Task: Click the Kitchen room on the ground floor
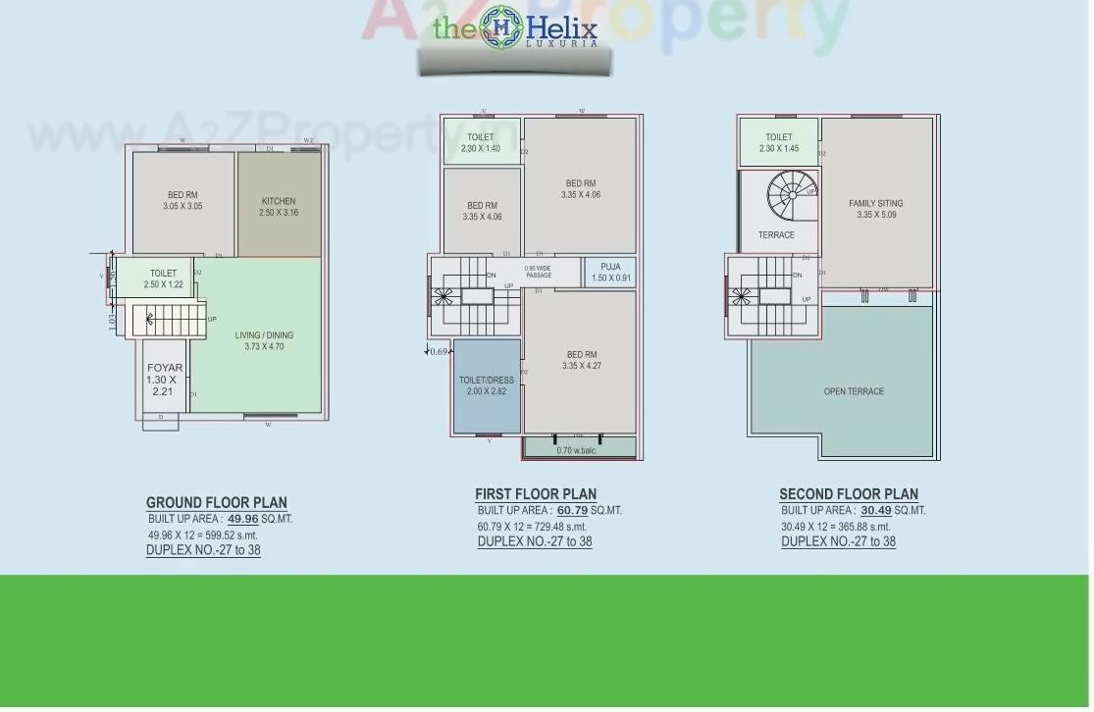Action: (x=279, y=206)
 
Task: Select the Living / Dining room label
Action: (x=264, y=340)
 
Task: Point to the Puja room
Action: (x=610, y=273)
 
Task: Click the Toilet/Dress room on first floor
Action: (x=487, y=385)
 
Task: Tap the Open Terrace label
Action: (x=854, y=391)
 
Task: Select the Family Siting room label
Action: (x=876, y=209)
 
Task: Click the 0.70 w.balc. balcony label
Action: (x=577, y=450)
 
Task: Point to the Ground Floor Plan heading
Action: (x=217, y=503)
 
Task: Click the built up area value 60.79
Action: (x=572, y=510)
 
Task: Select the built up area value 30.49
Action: (x=876, y=510)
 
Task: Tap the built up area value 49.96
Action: (x=242, y=519)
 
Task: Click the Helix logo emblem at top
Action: (x=501, y=27)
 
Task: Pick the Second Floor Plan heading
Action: (x=849, y=494)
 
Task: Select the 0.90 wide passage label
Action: (x=539, y=272)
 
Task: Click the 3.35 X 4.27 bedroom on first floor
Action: (x=581, y=360)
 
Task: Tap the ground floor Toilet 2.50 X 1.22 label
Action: (x=163, y=279)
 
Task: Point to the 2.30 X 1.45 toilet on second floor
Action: (x=778, y=143)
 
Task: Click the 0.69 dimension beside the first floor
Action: (x=438, y=351)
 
